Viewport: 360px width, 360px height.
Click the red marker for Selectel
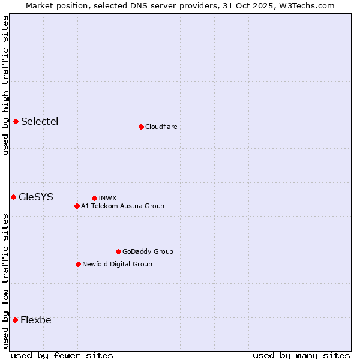coord(16,122)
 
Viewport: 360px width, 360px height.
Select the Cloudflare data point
coord(141,127)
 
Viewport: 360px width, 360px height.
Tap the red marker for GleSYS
coord(13,197)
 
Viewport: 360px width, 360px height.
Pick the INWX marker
coord(94,198)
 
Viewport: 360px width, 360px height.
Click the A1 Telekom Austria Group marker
coord(77,206)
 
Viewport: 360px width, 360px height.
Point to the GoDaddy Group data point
coord(118,251)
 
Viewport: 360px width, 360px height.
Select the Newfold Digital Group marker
coord(78,264)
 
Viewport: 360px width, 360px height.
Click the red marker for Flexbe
coord(15,320)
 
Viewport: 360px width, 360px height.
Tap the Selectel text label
coord(40,122)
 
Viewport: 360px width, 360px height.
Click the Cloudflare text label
coord(161,127)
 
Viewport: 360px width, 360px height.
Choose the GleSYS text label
coord(36,197)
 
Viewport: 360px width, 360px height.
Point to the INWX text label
coord(107,198)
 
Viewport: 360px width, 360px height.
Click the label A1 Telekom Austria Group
coord(122,206)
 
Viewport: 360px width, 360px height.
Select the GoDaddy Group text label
coord(148,251)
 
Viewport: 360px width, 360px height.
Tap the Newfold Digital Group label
coord(117,264)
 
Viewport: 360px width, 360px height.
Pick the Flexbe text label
coord(36,320)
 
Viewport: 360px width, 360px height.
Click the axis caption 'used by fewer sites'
coord(62,355)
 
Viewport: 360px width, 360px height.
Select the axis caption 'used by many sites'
coord(301,355)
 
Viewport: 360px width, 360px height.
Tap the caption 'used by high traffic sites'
coord(5,85)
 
